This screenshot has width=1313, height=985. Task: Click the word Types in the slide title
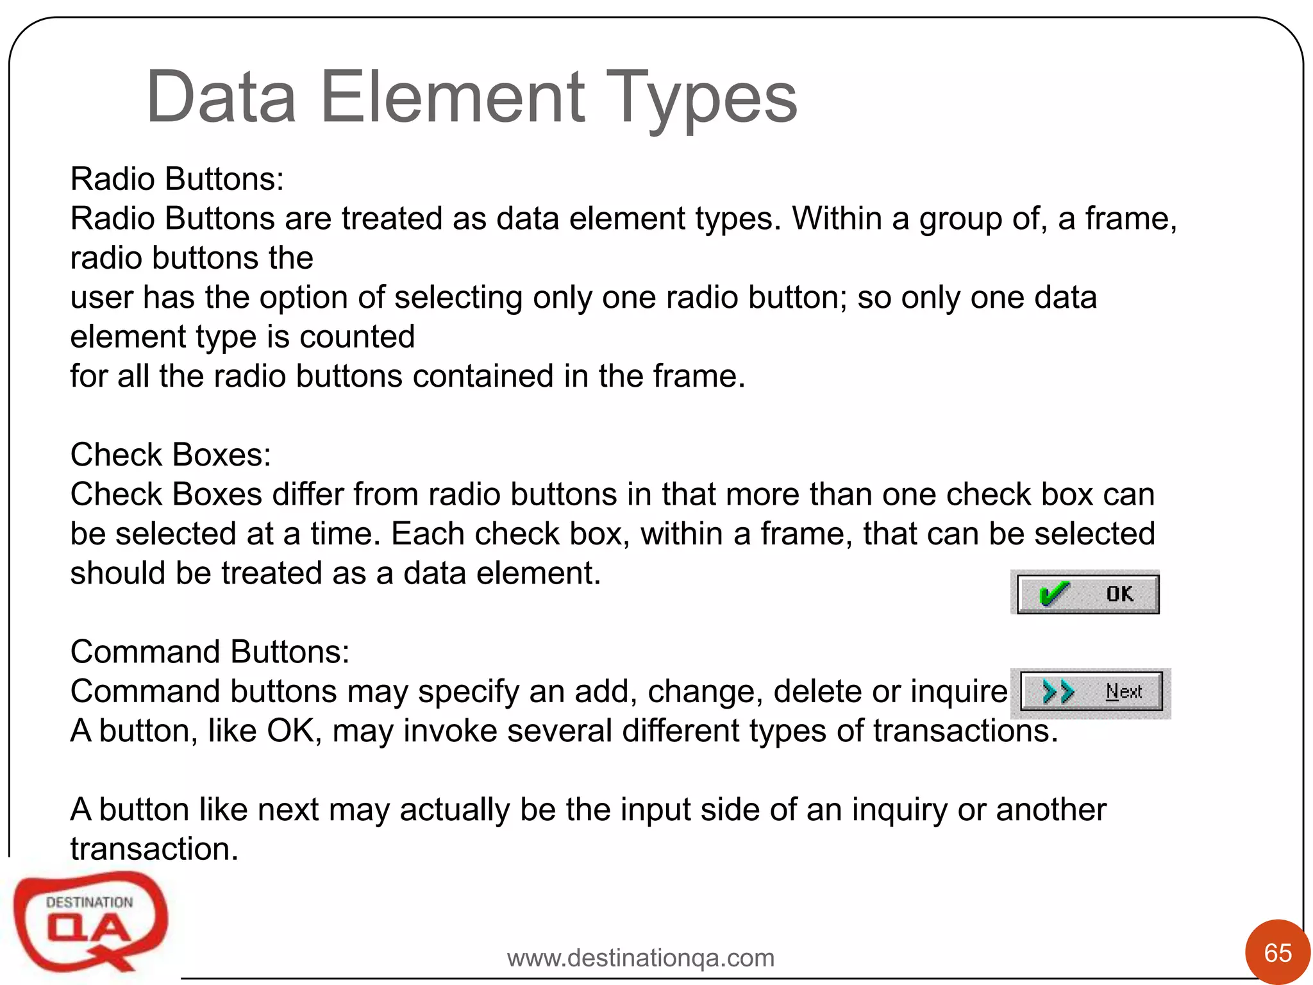[701, 98]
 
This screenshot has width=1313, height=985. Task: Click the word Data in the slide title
[221, 98]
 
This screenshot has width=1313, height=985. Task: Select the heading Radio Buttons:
[177, 179]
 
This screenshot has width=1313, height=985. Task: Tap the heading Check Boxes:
[171, 455]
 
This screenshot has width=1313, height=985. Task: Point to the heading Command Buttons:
[210, 652]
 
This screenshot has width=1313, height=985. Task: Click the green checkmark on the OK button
[1053, 594]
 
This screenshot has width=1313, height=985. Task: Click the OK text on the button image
[1119, 594]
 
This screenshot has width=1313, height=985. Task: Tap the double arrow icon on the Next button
[1058, 692]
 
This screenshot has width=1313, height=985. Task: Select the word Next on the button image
[1124, 691]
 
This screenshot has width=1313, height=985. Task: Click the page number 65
[1278, 953]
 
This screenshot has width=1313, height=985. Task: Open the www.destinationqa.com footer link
[640, 958]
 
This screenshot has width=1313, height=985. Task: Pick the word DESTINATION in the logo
[89, 902]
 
